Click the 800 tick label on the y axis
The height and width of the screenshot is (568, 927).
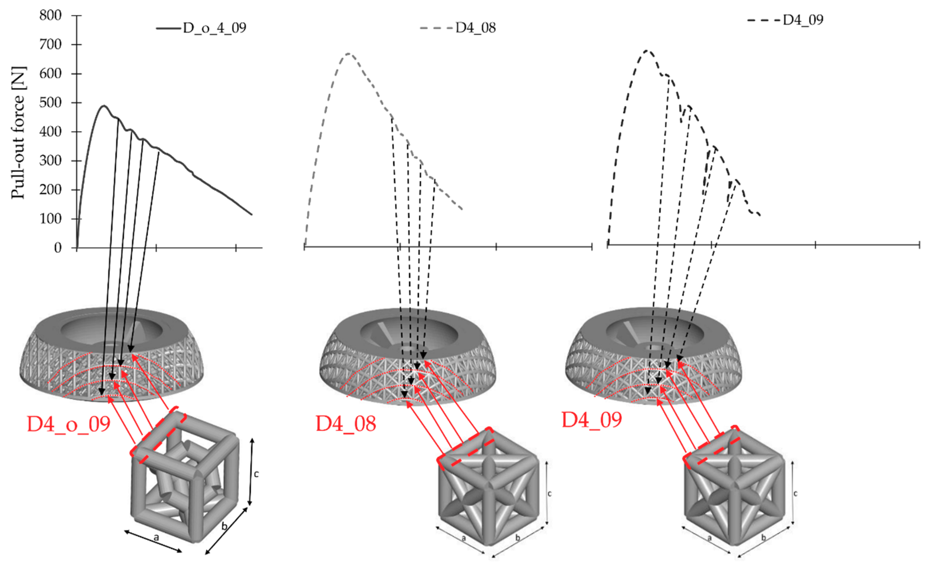pos(51,15)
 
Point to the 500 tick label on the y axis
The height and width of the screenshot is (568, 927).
pos(51,103)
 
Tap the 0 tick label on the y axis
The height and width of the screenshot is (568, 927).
pos(58,248)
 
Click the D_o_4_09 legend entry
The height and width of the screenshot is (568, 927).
pos(201,28)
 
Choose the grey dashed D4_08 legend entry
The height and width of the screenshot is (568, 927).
pos(458,28)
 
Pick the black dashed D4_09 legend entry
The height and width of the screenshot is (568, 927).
pos(786,20)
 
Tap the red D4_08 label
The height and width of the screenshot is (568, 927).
pos(346,424)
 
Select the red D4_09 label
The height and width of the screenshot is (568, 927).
pos(592,420)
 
